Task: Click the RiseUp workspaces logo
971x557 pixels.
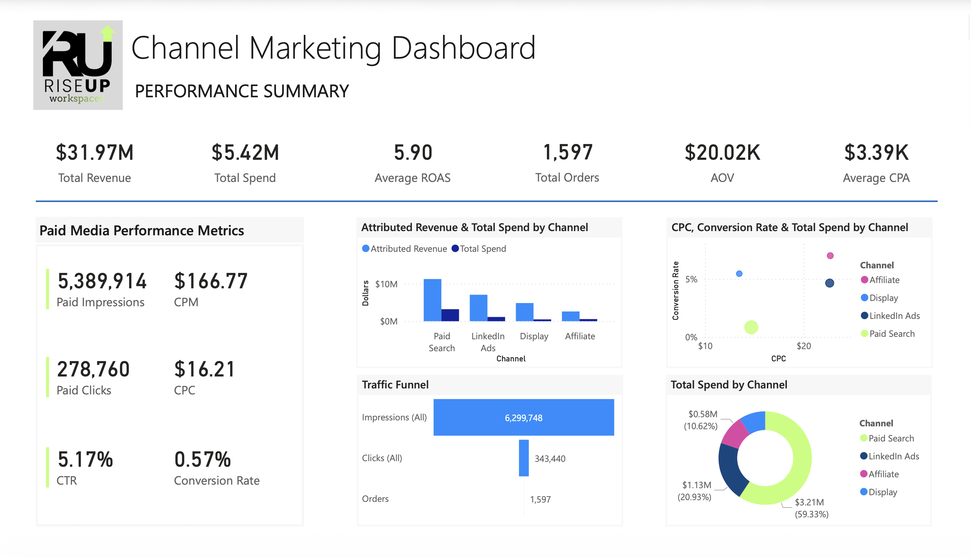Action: pyautogui.click(x=78, y=65)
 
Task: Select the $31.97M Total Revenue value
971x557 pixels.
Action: pyautogui.click(x=95, y=152)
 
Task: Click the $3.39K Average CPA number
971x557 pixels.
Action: pyautogui.click(x=876, y=152)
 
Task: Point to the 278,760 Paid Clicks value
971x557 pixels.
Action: pyautogui.click(x=93, y=369)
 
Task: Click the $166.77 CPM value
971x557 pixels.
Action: pyautogui.click(x=211, y=281)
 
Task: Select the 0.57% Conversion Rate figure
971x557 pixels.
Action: pyautogui.click(x=202, y=459)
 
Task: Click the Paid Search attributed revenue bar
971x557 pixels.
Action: pyautogui.click(x=432, y=300)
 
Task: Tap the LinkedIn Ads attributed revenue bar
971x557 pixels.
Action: pyautogui.click(x=478, y=308)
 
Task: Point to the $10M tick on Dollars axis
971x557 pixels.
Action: pyautogui.click(x=386, y=284)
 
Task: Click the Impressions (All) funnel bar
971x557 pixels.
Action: pyautogui.click(x=523, y=417)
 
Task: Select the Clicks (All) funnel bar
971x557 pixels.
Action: pyautogui.click(x=523, y=458)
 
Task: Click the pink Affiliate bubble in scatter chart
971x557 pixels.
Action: pyautogui.click(x=830, y=256)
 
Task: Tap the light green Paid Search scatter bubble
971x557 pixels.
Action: pyautogui.click(x=751, y=327)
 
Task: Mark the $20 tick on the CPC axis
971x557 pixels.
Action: pyautogui.click(x=804, y=346)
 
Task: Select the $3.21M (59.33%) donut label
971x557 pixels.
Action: pyautogui.click(x=811, y=508)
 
